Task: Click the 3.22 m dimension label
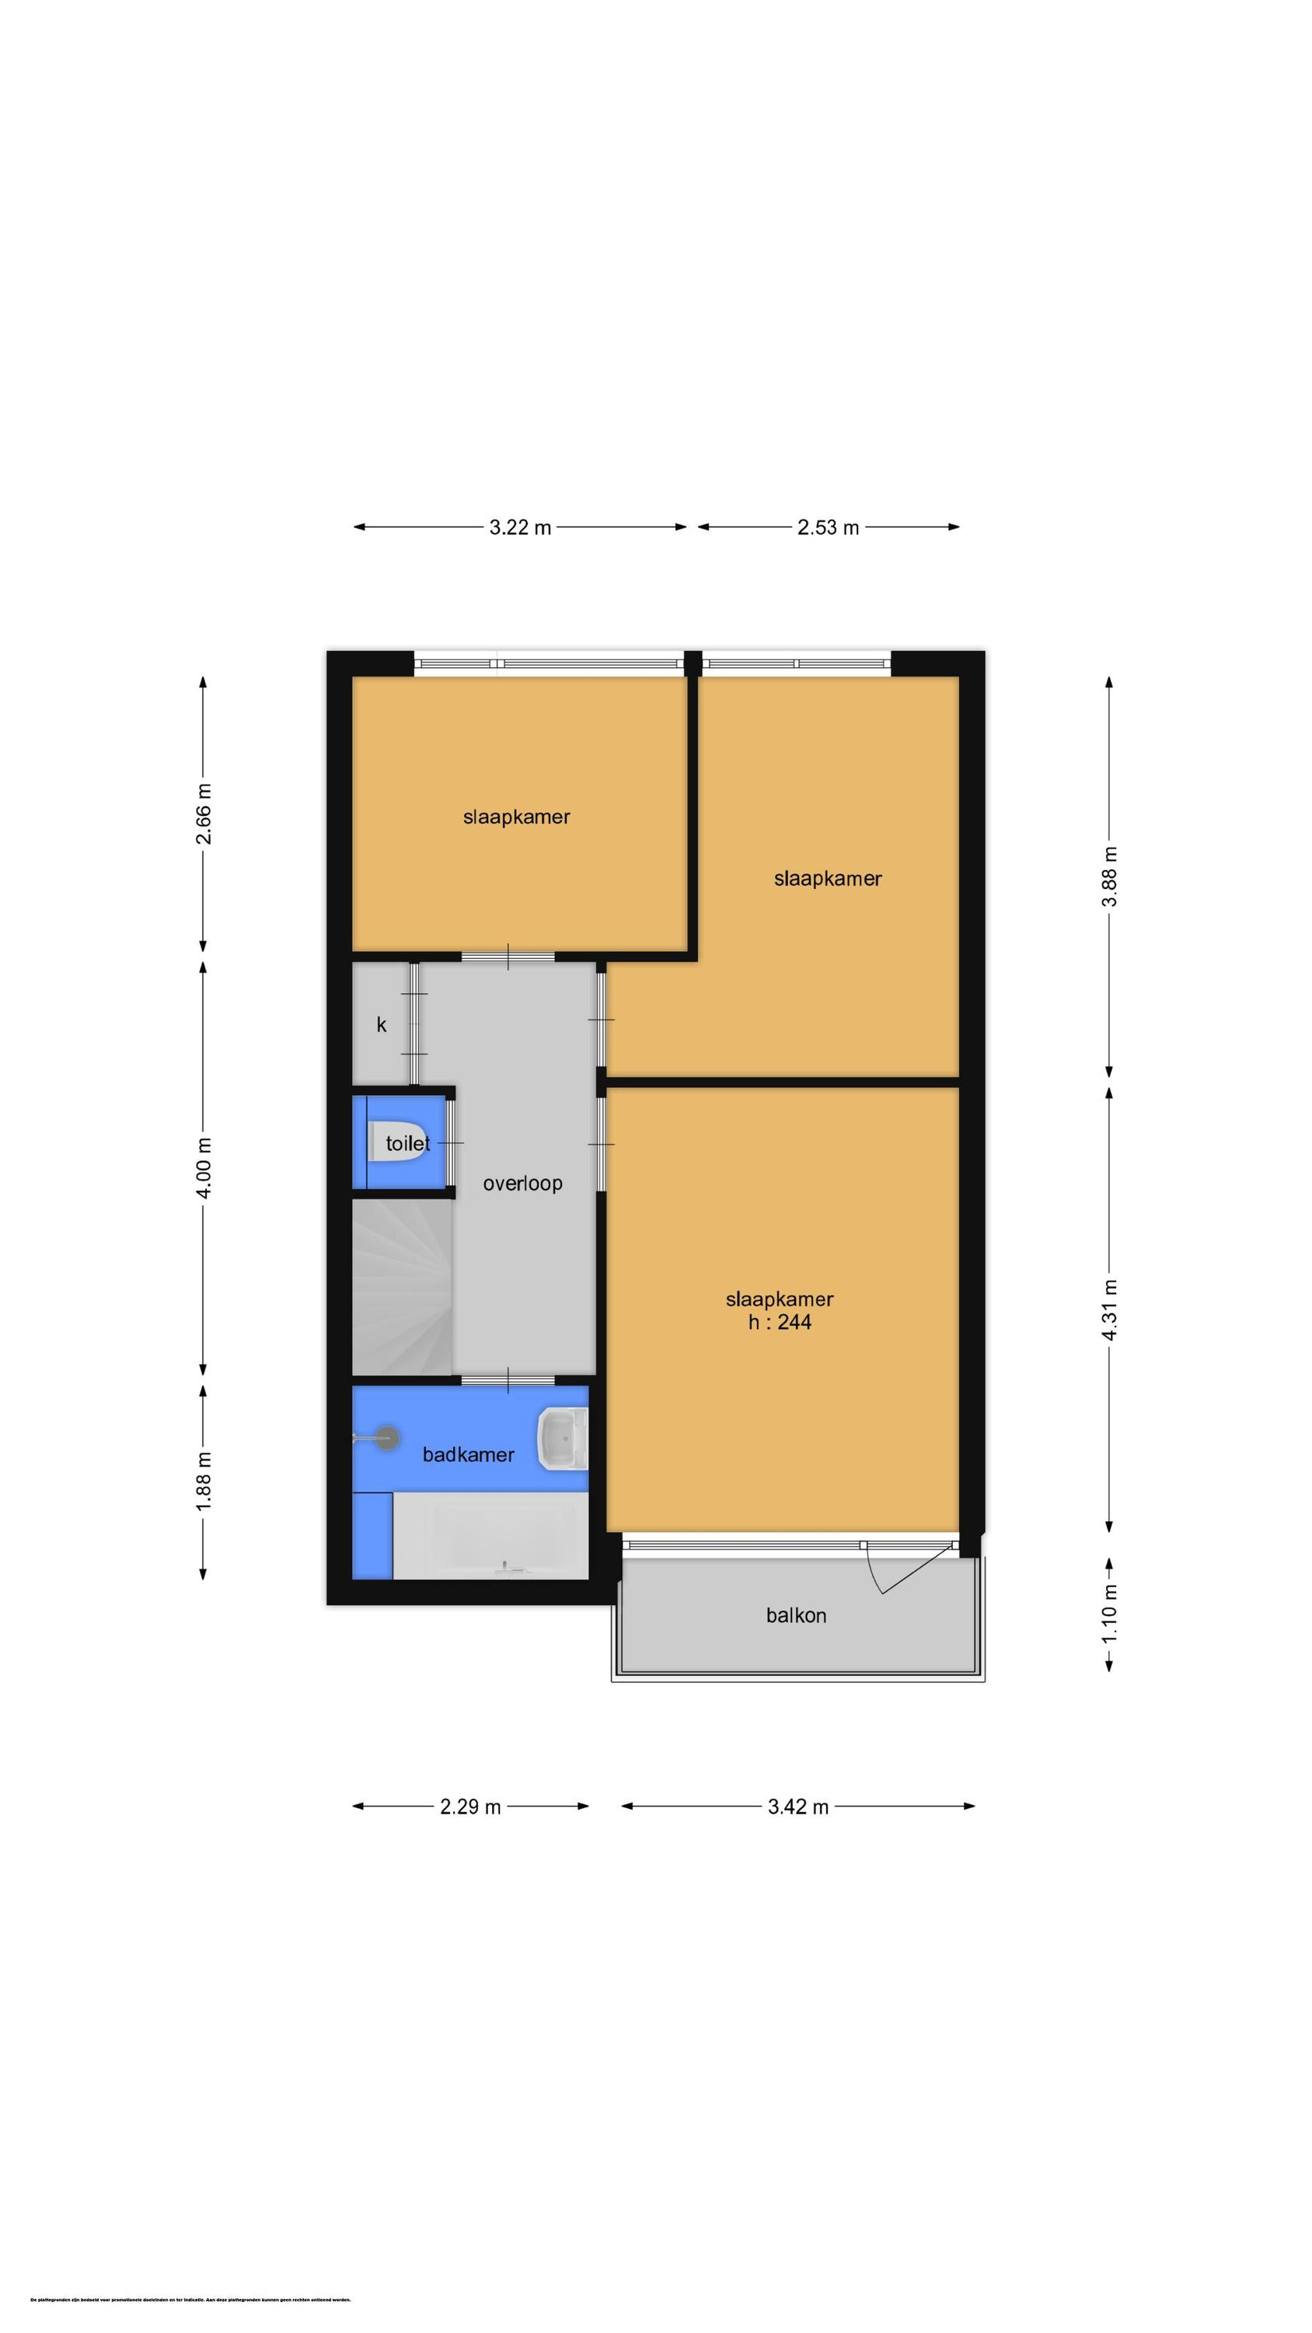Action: point(520,527)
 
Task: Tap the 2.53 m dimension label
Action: point(828,527)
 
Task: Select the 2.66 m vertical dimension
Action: point(204,813)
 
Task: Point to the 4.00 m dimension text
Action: point(204,1167)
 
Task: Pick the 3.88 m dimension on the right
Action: point(1110,876)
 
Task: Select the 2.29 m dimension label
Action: point(470,1807)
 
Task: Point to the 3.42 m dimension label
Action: point(797,1807)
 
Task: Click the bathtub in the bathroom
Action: point(490,1535)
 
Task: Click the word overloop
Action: point(522,1183)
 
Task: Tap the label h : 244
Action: point(779,1322)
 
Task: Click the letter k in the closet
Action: point(381,1024)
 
